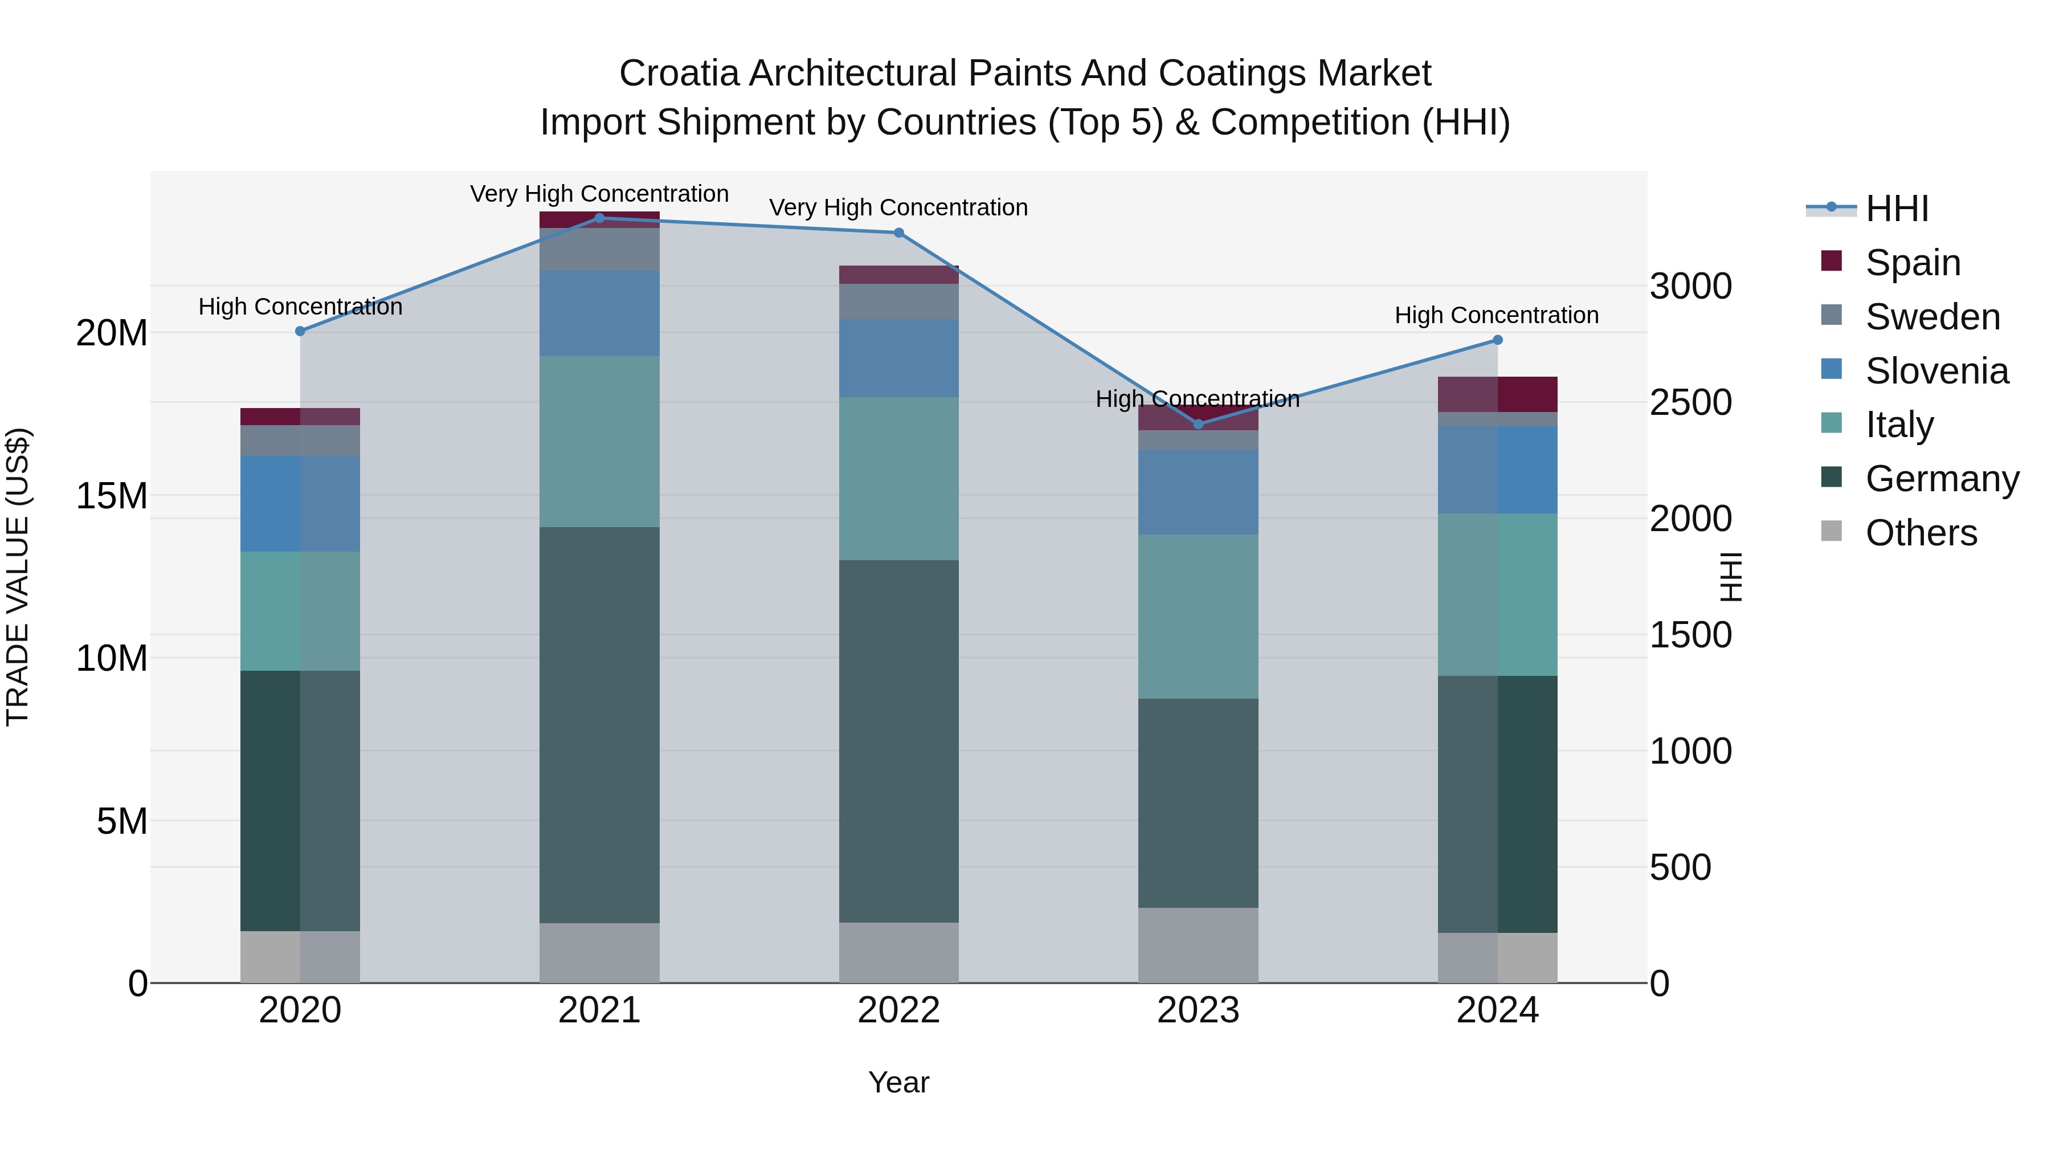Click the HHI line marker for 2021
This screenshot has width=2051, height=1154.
click(x=599, y=218)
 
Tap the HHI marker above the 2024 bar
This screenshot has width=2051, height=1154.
click(x=1497, y=340)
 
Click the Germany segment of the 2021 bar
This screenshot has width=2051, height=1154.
click(x=599, y=725)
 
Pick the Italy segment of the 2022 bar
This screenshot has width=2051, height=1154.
click(x=899, y=478)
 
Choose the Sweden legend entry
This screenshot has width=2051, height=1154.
click(x=1932, y=317)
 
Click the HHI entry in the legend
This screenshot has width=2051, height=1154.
click(x=1897, y=209)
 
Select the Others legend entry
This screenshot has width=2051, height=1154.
click(x=1921, y=533)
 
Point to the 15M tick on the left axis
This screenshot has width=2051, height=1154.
click(x=112, y=496)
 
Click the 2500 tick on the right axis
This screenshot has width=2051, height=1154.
click(x=1690, y=402)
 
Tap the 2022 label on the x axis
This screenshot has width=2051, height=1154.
click(x=899, y=1010)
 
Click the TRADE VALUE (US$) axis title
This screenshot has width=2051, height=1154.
click(x=18, y=577)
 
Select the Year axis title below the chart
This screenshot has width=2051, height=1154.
click(x=899, y=1082)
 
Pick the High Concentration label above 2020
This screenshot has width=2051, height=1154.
click(x=300, y=307)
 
